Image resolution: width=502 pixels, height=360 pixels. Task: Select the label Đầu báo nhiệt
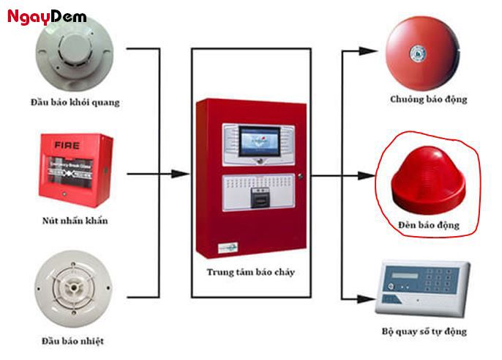pos(73,340)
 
